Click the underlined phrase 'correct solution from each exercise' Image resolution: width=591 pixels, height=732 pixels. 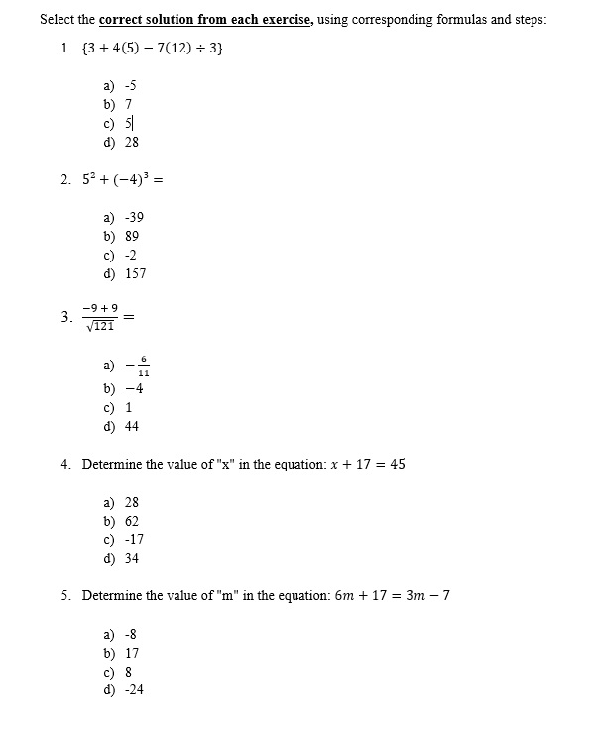coord(204,19)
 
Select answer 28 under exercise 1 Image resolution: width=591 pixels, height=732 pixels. coord(131,142)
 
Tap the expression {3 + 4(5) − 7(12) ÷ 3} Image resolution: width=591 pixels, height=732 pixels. coord(156,48)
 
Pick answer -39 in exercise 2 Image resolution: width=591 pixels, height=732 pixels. coord(135,217)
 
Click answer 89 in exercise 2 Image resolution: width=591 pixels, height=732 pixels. coord(132,236)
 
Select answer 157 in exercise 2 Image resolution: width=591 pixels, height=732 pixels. coord(135,273)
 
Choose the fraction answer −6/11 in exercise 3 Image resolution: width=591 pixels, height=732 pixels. coord(138,366)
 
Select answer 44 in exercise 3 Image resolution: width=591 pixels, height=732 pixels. coord(132,426)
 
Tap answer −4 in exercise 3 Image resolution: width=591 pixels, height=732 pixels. coord(134,388)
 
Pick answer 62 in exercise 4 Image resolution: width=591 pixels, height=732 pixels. coord(132,521)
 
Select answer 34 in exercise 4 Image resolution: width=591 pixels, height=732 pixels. coord(132,559)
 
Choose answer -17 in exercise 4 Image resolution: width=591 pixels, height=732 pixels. coord(134,540)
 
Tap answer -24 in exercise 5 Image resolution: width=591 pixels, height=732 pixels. coord(134,690)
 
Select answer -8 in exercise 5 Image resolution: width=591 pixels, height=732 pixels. coord(131,634)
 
